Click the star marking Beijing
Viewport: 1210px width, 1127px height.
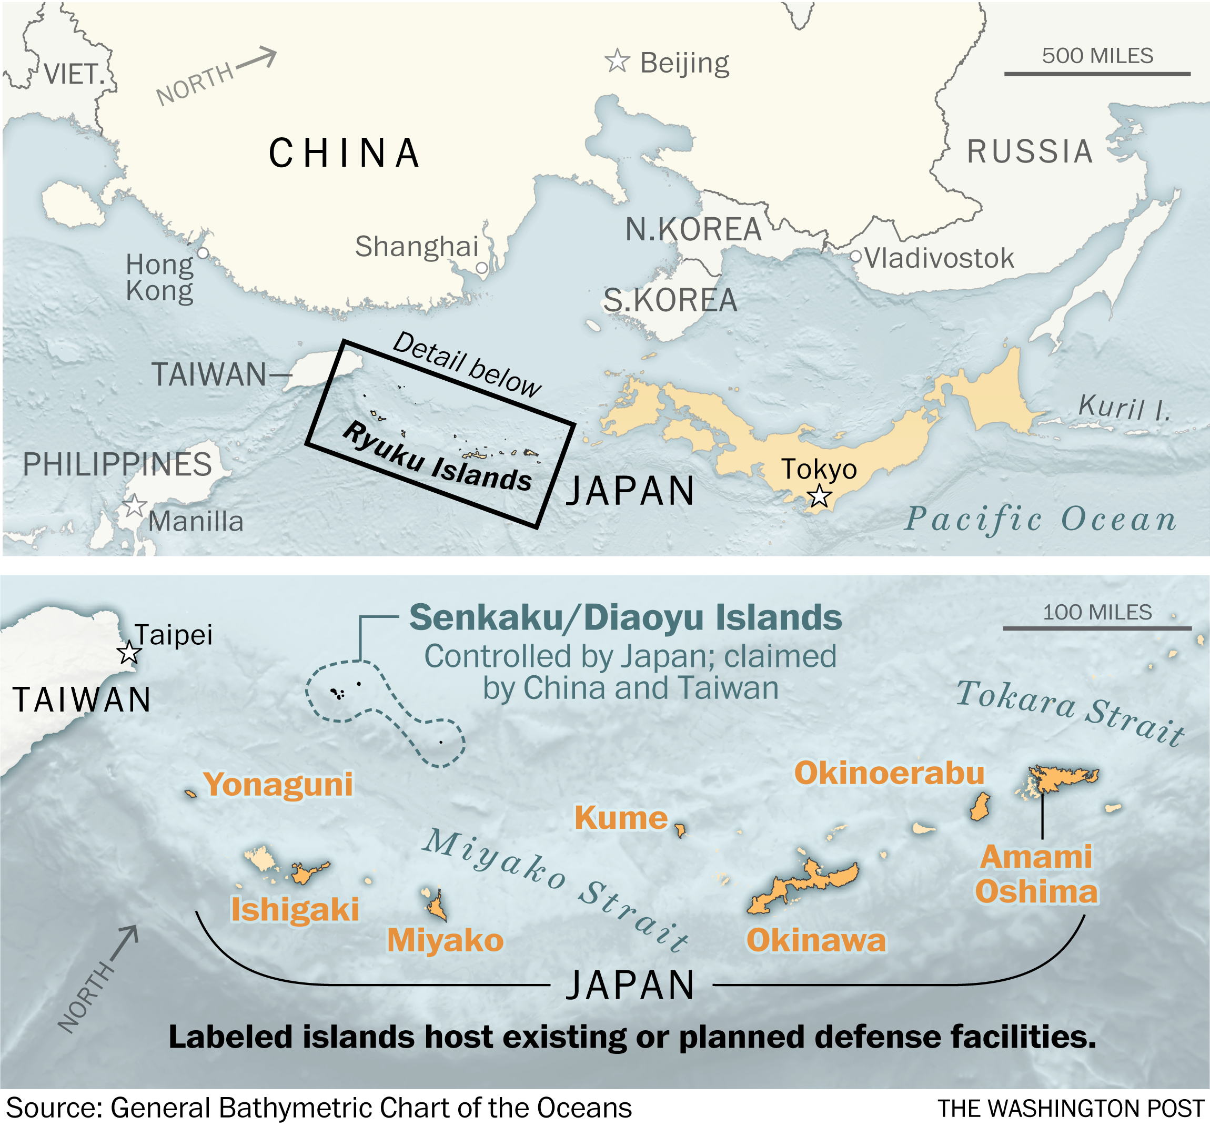617,61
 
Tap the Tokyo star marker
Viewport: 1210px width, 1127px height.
819,496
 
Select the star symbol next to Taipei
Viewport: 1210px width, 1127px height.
129,653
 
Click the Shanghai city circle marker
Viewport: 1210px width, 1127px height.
481,267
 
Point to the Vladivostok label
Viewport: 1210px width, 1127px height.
939,259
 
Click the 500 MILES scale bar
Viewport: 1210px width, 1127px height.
1097,74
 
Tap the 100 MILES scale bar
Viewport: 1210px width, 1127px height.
1097,628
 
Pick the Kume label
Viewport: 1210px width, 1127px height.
621,817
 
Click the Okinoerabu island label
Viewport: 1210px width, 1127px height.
889,773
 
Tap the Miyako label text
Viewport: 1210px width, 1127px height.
445,940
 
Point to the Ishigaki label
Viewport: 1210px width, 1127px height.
295,910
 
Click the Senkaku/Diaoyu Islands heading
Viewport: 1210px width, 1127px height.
625,617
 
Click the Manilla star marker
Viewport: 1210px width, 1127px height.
135,506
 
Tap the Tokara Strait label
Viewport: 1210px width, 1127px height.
1070,712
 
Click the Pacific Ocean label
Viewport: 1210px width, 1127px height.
1040,519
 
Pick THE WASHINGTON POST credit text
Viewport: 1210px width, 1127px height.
1070,1109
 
